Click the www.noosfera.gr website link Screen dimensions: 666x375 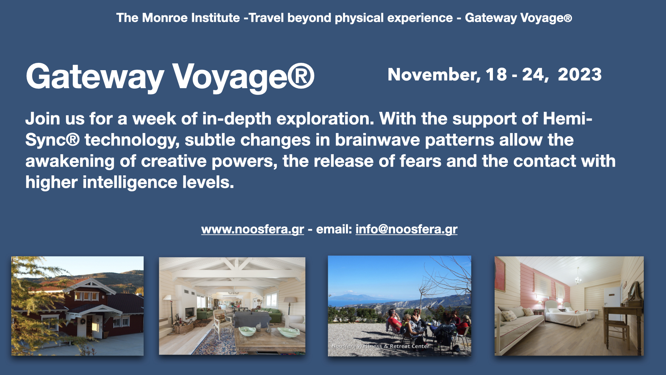click(x=253, y=230)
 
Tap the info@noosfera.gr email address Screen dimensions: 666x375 click(x=407, y=230)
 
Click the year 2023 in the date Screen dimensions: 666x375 click(x=580, y=74)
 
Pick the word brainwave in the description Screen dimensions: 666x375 click(x=377, y=140)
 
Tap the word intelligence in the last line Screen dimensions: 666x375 click(x=130, y=183)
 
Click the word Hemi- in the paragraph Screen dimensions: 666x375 click(x=567, y=119)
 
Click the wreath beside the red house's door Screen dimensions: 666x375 click(x=83, y=321)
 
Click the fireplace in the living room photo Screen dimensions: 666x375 click(x=189, y=313)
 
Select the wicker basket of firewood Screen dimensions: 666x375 click(x=183, y=326)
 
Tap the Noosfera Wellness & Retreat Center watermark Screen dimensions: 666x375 click(x=380, y=346)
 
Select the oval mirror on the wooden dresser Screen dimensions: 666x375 click(x=633, y=292)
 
